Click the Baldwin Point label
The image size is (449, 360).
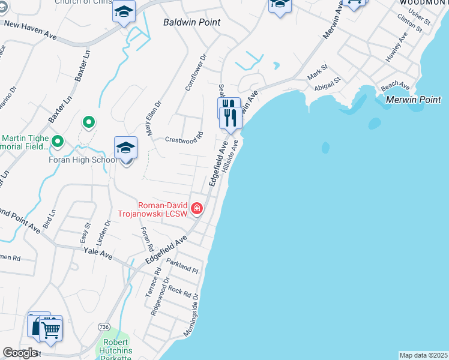[x=191, y=22]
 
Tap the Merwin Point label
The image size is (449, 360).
[x=414, y=100]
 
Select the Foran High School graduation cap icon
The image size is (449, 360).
[x=125, y=148]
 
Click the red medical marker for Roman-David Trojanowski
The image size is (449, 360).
[x=196, y=208]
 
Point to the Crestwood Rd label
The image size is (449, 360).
[x=184, y=137]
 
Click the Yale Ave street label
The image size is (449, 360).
[x=98, y=254]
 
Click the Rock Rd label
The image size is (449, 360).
[x=182, y=292]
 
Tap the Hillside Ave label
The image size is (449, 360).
[x=231, y=157]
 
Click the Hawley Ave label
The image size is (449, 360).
[x=397, y=47]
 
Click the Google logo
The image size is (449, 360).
[x=20, y=353]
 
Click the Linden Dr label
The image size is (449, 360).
[x=108, y=231]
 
